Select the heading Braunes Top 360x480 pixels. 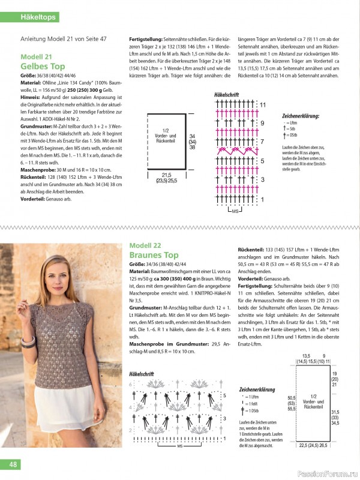click(154, 255)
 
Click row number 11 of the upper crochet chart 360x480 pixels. click(262, 105)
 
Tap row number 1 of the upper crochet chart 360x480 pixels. click(262, 199)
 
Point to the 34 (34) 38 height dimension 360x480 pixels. click(192, 142)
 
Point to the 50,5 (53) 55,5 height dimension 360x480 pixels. click(292, 403)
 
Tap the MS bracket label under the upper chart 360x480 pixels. click(235, 211)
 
